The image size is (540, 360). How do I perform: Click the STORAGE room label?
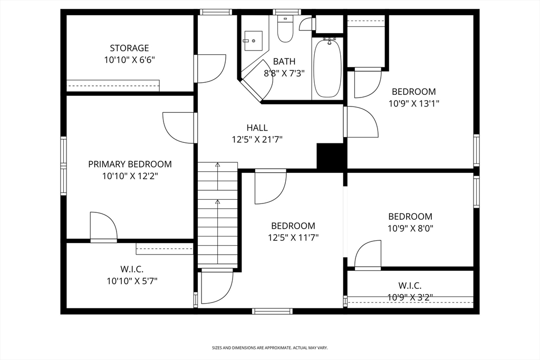click(x=129, y=48)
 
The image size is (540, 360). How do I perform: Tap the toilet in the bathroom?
click(x=285, y=31)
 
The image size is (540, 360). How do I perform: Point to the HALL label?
click(x=257, y=128)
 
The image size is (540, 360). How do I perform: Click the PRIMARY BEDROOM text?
click(x=130, y=164)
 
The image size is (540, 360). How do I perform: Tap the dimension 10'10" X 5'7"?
click(x=132, y=281)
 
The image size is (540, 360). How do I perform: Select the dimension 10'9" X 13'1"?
click(x=413, y=104)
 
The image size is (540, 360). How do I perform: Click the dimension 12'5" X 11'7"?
click(x=293, y=237)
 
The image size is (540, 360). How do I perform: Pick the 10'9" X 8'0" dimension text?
click(x=410, y=228)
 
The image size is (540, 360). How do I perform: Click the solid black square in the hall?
click(x=331, y=157)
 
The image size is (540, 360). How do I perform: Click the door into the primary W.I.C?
click(x=103, y=227)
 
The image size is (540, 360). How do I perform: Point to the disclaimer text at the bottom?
click(x=269, y=348)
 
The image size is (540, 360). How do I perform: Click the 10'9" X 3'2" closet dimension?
click(x=410, y=297)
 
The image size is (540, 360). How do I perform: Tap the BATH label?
click(x=284, y=62)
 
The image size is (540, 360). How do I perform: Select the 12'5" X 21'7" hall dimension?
click(x=257, y=140)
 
